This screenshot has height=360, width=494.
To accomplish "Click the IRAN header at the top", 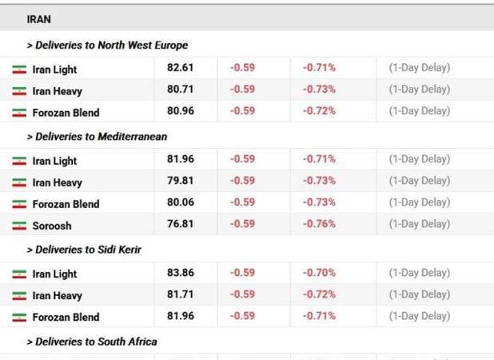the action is pyautogui.click(x=38, y=19).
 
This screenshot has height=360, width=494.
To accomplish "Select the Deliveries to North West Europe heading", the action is pyautogui.click(x=107, y=45).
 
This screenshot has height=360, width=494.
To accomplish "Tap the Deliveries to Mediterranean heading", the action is pyautogui.click(x=97, y=137).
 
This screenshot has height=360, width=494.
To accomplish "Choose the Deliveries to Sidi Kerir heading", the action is pyautogui.click(x=84, y=250).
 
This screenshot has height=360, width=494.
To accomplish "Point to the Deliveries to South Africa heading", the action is pyautogui.click(x=92, y=342).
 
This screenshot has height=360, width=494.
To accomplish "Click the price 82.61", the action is pyautogui.click(x=180, y=67).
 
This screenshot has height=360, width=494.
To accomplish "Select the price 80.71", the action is pyautogui.click(x=180, y=90).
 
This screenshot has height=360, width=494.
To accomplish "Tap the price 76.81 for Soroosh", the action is pyautogui.click(x=180, y=224).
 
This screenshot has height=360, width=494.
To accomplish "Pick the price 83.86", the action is pyautogui.click(x=181, y=273).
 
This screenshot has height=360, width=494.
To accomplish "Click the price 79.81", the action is pyautogui.click(x=180, y=181).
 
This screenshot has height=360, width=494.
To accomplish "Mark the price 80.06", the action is pyautogui.click(x=181, y=202).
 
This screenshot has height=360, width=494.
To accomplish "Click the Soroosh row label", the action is pyautogui.click(x=52, y=226).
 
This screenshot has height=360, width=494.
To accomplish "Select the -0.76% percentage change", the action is pyautogui.click(x=319, y=224).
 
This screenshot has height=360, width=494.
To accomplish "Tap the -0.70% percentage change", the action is pyautogui.click(x=319, y=273).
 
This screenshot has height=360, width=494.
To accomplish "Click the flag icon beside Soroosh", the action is pyautogui.click(x=19, y=226).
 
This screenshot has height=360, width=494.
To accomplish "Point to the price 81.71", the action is pyautogui.click(x=180, y=294).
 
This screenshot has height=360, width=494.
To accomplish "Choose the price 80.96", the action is pyautogui.click(x=181, y=111).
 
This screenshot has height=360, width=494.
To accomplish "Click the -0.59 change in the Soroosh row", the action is pyautogui.click(x=242, y=224).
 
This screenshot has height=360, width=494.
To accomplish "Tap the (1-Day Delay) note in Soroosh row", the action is pyautogui.click(x=420, y=224).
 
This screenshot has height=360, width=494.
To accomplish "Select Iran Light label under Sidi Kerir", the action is pyautogui.click(x=54, y=274).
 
